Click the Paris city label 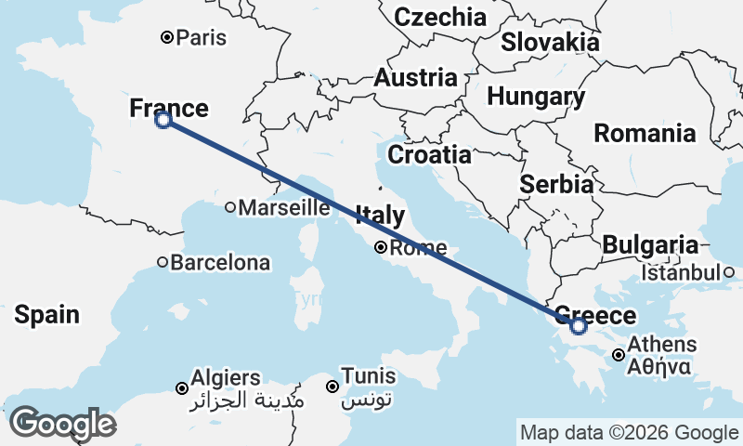[202, 38]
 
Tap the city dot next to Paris [167, 38]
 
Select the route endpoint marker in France [163, 119]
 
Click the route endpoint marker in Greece [579, 326]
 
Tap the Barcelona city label [220, 263]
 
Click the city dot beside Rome [381, 247]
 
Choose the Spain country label [46, 315]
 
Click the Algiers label [225, 378]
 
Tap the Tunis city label [369, 377]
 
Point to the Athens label [661, 345]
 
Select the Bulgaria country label [649, 245]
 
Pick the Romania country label [645, 133]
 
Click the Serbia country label [556, 184]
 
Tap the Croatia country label [429, 154]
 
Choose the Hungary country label [536, 97]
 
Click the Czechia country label [440, 17]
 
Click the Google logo [61, 423]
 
